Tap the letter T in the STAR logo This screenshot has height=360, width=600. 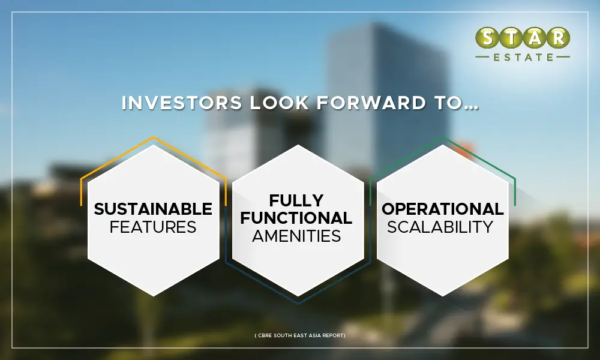510,38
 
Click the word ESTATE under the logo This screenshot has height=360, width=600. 522,58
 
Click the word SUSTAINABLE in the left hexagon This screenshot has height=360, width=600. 153,209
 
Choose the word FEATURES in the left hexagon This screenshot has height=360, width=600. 153,227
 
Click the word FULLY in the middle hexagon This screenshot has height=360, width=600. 296,200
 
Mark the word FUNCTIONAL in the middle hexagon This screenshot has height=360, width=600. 296,218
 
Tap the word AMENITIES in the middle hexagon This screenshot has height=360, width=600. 296,236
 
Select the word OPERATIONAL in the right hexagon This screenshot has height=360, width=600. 443,209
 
